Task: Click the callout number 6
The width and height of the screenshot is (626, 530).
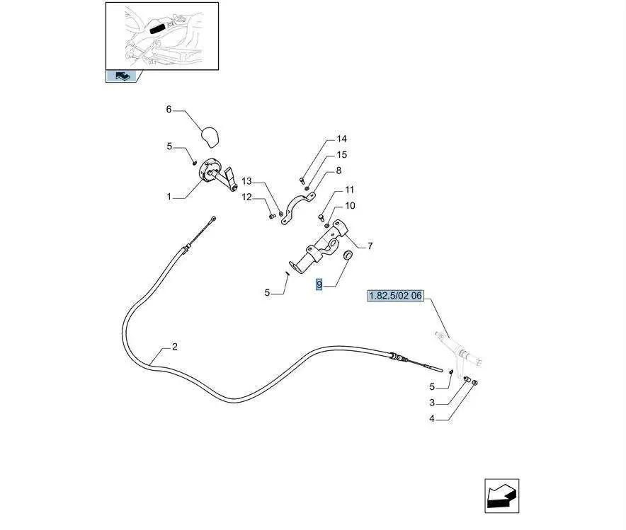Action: (x=169, y=110)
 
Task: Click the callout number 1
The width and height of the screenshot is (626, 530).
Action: (x=169, y=197)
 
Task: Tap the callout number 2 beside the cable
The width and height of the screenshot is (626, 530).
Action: (x=174, y=347)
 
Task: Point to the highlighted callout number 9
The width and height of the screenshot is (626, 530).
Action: (x=319, y=285)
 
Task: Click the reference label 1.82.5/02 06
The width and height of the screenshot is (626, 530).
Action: (x=394, y=295)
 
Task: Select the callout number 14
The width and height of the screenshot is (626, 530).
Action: (x=342, y=139)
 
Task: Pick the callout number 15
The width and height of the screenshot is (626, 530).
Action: (x=342, y=154)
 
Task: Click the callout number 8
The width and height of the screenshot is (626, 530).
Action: (x=338, y=171)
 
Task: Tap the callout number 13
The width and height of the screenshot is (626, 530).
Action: (x=246, y=181)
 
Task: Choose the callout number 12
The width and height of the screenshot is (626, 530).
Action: (x=246, y=197)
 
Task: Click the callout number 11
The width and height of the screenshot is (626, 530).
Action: (x=349, y=190)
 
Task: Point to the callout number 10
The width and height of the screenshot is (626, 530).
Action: (x=349, y=206)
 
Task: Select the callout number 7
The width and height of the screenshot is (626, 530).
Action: (x=370, y=246)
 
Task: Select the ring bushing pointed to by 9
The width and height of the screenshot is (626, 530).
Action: (x=348, y=255)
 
